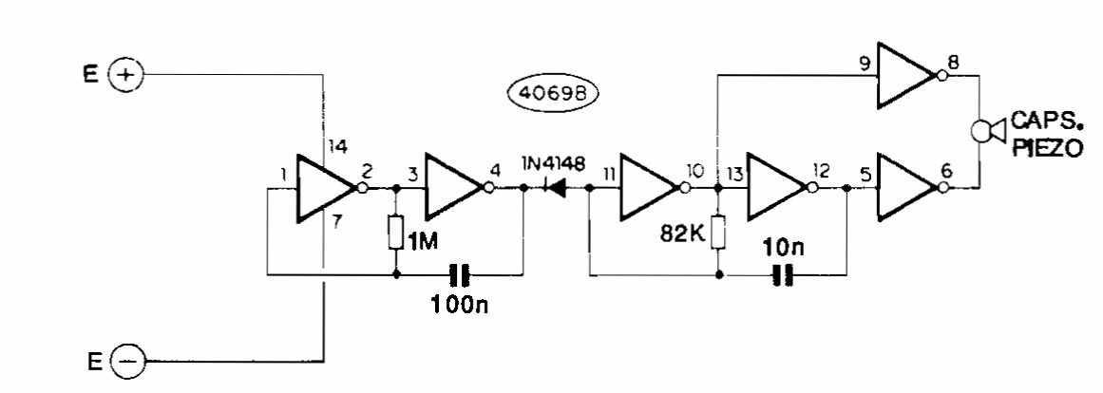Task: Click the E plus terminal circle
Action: coord(125,73)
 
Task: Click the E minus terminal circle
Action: coord(125,361)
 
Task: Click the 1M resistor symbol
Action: coord(394,233)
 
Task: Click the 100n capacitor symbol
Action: coord(460,277)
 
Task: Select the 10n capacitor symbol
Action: coord(783,277)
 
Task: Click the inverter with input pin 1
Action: coord(325,189)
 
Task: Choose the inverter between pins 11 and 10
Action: coord(649,189)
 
